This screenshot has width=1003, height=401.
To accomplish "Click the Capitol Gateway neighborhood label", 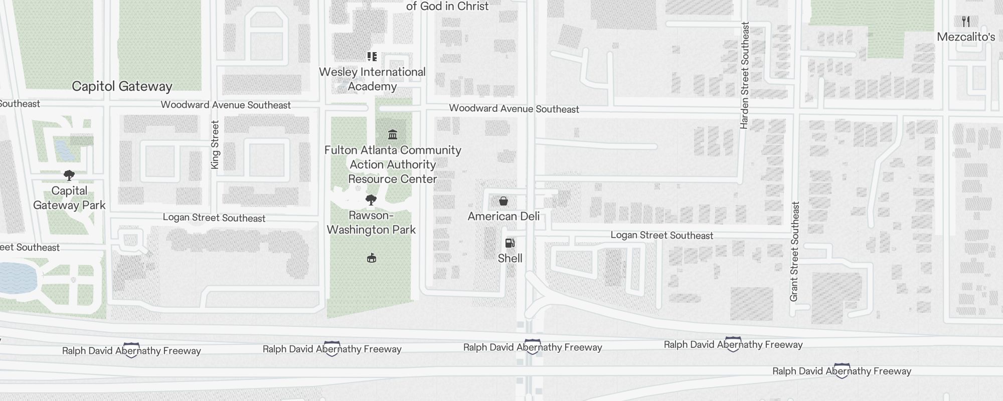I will click(x=122, y=86).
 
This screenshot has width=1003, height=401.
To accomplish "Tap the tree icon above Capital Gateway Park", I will click(x=69, y=175).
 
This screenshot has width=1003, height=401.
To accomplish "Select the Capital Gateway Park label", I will click(x=69, y=198).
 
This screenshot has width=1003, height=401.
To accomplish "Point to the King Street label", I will click(x=215, y=145).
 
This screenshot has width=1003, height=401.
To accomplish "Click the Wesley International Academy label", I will click(x=372, y=79).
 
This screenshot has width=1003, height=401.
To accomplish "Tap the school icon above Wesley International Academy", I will click(x=372, y=57).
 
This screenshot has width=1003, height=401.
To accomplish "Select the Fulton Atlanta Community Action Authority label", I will click(x=393, y=164).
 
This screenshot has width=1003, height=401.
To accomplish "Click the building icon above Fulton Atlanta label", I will click(x=393, y=134).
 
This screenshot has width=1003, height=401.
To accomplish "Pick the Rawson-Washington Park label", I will click(x=371, y=223).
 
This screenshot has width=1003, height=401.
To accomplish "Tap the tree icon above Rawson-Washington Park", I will click(x=371, y=200).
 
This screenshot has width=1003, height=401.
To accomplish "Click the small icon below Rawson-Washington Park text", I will click(x=372, y=258).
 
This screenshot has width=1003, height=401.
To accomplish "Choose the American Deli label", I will click(x=504, y=216).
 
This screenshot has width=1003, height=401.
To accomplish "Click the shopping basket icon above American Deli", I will click(x=504, y=201).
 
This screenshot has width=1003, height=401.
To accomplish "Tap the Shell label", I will click(x=510, y=258).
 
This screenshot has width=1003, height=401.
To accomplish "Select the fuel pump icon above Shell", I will click(x=510, y=243).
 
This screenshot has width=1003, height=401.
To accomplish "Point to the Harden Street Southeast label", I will click(x=745, y=75).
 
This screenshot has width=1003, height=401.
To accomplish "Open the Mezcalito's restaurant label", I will click(x=966, y=37).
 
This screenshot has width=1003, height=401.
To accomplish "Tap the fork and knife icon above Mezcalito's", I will click(x=966, y=22).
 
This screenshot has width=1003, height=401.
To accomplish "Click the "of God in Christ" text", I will click(x=447, y=6).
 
